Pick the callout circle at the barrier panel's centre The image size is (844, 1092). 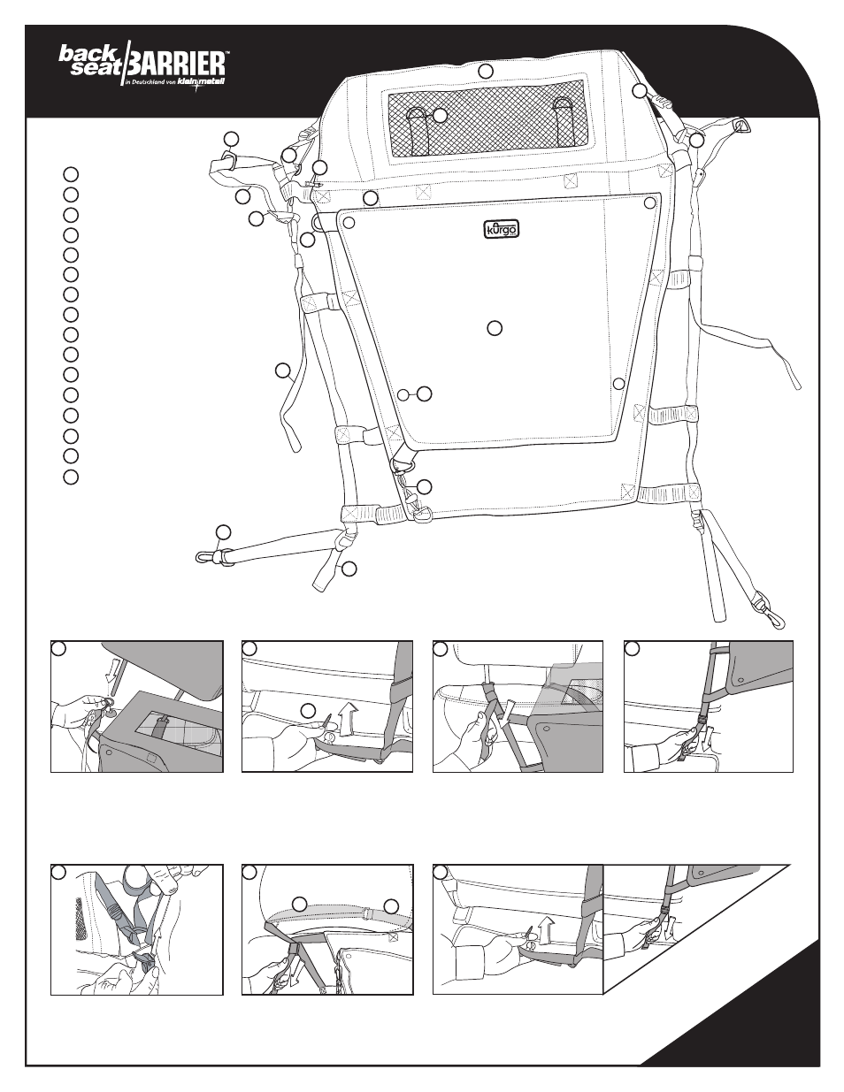point(495,328)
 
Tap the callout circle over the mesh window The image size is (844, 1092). point(440,116)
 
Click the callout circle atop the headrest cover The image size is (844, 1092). point(485,72)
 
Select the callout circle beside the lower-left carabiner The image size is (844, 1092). point(223,531)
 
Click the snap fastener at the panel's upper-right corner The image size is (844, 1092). point(649,203)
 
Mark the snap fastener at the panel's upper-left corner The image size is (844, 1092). point(348,222)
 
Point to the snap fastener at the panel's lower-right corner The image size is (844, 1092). point(618,384)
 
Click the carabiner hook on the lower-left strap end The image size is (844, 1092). point(204,557)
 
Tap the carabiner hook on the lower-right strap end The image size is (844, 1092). point(776,615)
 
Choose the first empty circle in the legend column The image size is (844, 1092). point(71,175)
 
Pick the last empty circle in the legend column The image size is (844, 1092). point(71,477)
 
